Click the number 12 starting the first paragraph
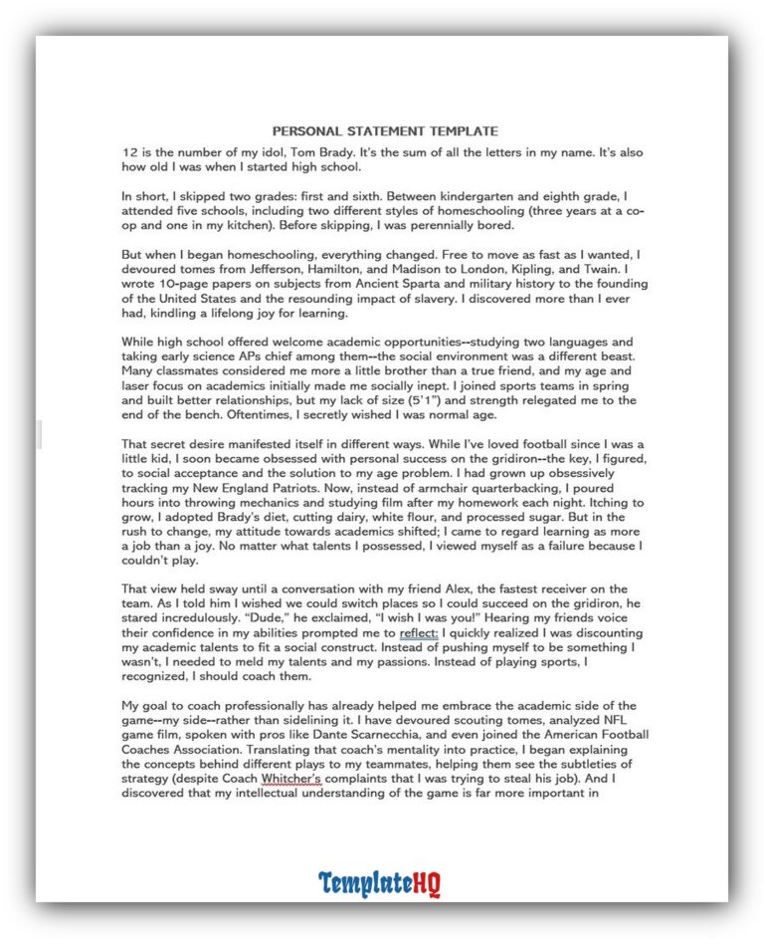(x=129, y=151)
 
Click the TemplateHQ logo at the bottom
(x=379, y=884)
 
